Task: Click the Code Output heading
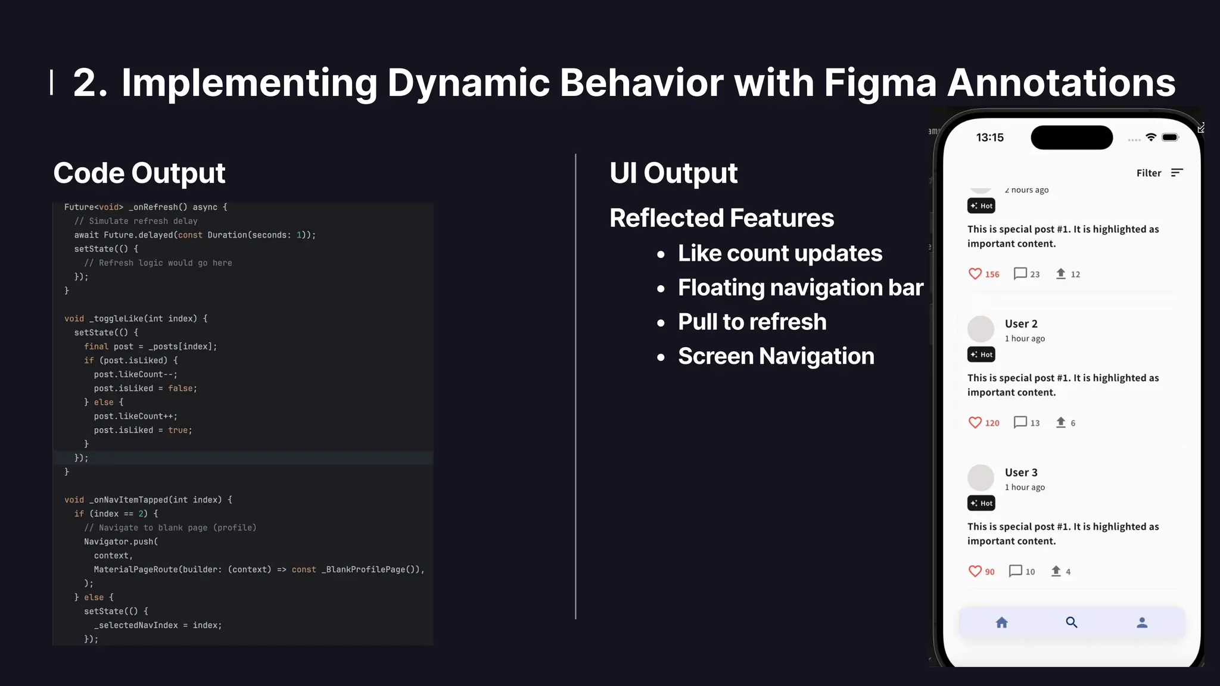pos(139,173)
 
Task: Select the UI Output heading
pos(673,173)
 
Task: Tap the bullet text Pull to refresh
pos(752,322)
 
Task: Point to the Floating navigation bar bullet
pos(800,288)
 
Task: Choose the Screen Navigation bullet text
pos(776,356)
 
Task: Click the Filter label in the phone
pos(1149,173)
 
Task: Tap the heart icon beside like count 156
pos(975,274)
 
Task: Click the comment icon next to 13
pos(1020,422)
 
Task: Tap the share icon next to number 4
pos(1056,571)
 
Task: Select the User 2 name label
pos(1021,324)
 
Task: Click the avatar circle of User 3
pos(981,478)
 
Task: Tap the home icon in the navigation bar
pos(1002,623)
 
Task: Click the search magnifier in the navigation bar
pos(1072,623)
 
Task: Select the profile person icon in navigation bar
pos(1142,623)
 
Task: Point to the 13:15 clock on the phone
pos(989,138)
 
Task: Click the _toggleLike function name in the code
pos(116,319)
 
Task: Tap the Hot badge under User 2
pos(981,355)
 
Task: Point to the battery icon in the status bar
pos(1170,138)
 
